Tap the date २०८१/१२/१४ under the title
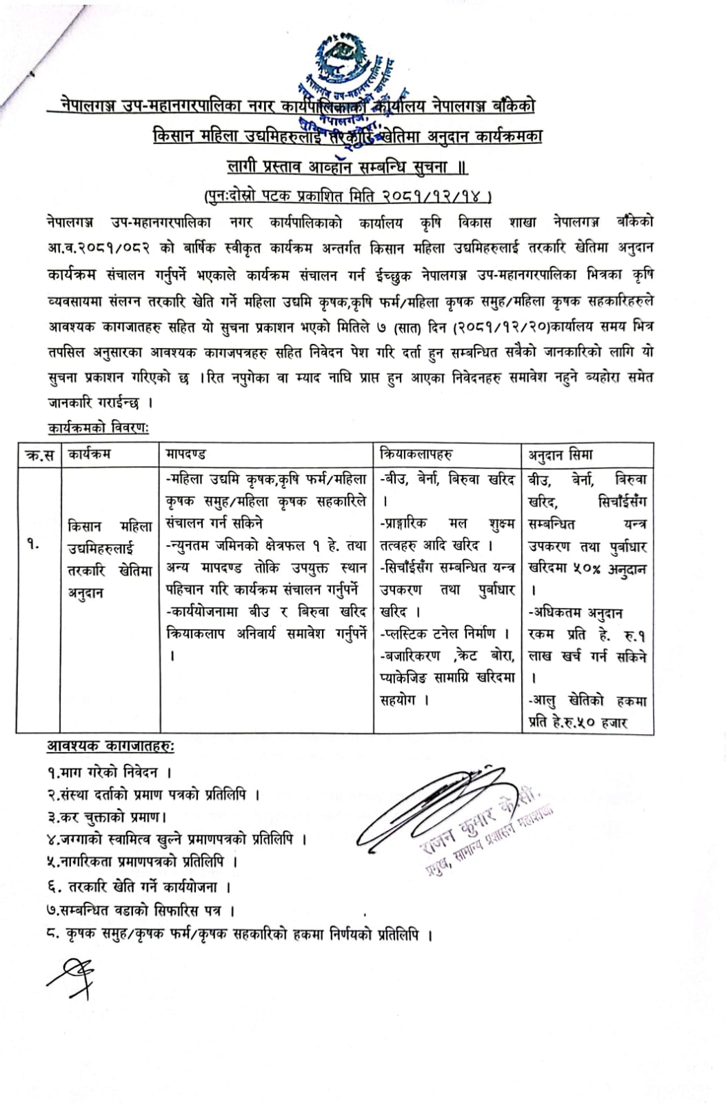[x=434, y=196]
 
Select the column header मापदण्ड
[x=186, y=454]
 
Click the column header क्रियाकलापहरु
[x=416, y=454]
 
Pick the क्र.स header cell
[x=39, y=455]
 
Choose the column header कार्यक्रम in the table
[x=89, y=454]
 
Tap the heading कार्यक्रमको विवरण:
[x=99, y=428]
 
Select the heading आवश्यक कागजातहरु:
[x=110, y=746]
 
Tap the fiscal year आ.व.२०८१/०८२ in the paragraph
[x=96, y=247]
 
